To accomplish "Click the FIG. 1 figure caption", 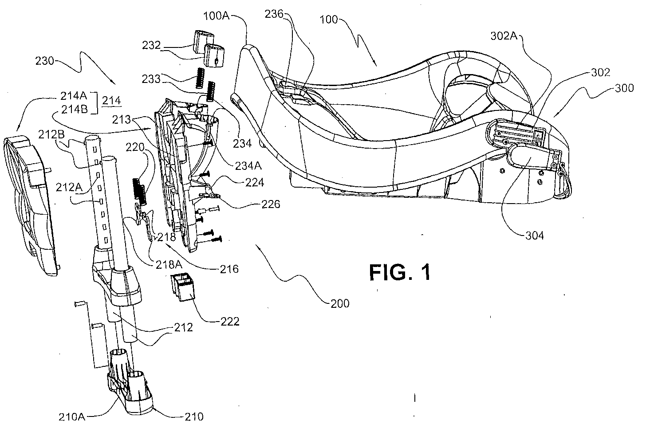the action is click(400, 272).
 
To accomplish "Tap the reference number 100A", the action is click(217, 16).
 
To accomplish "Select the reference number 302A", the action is click(504, 36).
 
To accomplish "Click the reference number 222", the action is click(229, 322).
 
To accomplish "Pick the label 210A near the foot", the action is click(72, 417).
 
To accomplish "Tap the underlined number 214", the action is click(111, 101).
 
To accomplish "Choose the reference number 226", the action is click(271, 204).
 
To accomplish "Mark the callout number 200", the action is click(340, 304).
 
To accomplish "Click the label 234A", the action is click(248, 166).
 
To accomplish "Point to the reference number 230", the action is click(45, 61).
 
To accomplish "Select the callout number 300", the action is click(624, 88).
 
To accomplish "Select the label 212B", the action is click(51, 134).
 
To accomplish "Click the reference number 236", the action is click(274, 14).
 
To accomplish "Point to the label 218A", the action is click(169, 265).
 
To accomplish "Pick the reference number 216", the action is click(229, 269).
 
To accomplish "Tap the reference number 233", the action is click(151, 79).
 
